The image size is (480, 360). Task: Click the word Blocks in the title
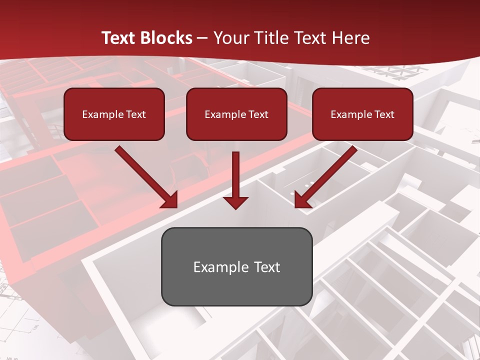[166, 38]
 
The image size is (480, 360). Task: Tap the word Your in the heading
[230, 38]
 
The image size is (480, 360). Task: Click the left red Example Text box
[114, 114]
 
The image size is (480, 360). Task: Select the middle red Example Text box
[236, 114]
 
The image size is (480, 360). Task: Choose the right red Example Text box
[362, 114]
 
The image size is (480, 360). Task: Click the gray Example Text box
[236, 266]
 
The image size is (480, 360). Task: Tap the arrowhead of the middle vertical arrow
[236, 202]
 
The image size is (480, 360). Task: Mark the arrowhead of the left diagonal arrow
[170, 200]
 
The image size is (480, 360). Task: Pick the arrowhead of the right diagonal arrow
[302, 200]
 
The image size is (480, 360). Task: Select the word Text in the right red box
[384, 114]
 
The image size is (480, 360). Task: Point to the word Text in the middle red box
[258, 114]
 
